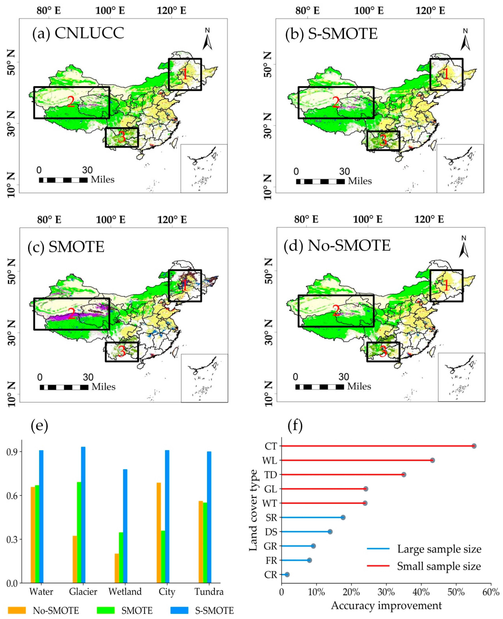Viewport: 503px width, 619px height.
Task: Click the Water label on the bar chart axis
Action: (41, 592)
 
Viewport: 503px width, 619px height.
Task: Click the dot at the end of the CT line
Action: (474, 446)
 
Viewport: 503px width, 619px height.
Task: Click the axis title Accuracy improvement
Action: (386, 605)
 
